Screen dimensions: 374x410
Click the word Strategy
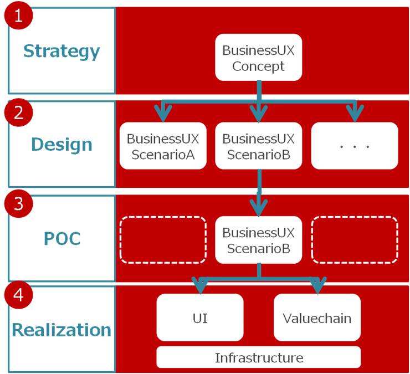61,51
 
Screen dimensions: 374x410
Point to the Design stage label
61,144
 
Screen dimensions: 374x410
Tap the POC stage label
61,238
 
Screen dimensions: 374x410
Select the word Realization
61,330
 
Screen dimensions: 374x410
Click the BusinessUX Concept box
258,58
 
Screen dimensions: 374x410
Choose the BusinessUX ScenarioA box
163,146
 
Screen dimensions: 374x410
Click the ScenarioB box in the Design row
258,146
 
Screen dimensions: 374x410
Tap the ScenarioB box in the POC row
258,239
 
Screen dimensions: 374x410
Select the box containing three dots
355,146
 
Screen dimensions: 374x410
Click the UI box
199,317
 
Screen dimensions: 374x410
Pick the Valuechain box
317,317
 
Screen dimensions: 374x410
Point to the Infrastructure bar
258,357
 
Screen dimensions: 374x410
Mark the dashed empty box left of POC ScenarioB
163,239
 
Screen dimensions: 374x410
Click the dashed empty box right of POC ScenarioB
355,239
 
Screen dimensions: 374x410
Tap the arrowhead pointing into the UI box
201,286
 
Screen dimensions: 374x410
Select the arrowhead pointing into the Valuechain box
317,286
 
